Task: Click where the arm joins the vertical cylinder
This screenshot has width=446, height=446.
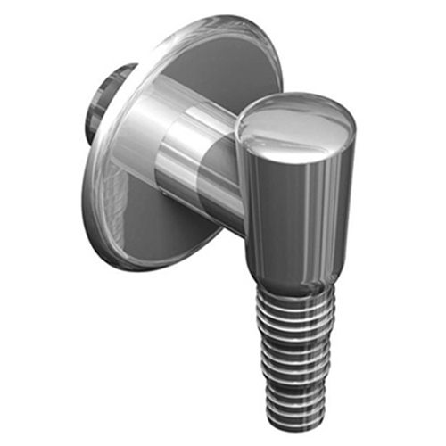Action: coord(243,178)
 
